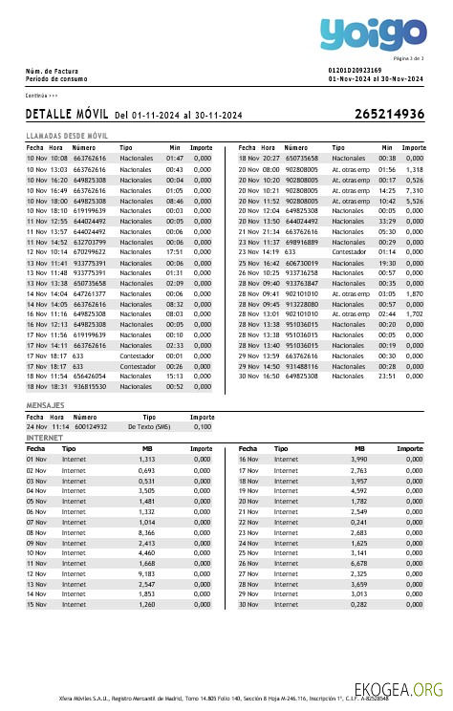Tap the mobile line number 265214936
[389, 115]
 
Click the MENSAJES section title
[45, 406]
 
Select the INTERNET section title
[44, 437]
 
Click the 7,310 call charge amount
[414, 191]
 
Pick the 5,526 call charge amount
[414, 202]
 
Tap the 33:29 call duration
[387, 221]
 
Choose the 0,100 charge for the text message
[203, 426]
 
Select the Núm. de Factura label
[52, 71]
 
